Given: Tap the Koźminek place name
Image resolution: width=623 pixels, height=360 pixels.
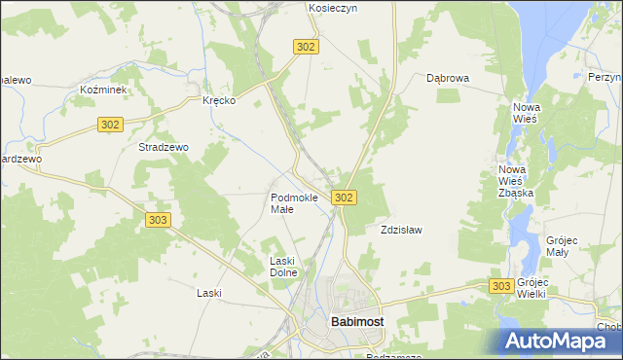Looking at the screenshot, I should click(x=99, y=89).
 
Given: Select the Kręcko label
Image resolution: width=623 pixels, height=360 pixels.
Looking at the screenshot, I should click(x=219, y=100).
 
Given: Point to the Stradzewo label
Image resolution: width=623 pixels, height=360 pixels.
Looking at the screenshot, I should click(x=164, y=147).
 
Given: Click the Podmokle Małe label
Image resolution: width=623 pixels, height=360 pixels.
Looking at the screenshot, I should click(x=294, y=203).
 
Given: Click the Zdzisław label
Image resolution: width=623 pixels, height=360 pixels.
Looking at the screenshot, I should click(x=400, y=231).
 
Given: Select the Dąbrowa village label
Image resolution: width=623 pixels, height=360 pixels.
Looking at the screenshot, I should click(x=449, y=78).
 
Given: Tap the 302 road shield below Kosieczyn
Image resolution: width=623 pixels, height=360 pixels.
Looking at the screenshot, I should click(x=306, y=47).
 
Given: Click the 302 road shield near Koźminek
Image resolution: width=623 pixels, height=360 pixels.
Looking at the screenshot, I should click(x=110, y=124).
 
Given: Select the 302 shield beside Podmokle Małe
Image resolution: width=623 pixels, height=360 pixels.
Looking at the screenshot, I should click(x=343, y=198).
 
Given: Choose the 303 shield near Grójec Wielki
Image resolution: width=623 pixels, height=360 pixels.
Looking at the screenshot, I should click(x=501, y=285).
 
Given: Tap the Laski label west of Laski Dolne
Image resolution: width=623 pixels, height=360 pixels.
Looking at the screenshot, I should click(x=209, y=293).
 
